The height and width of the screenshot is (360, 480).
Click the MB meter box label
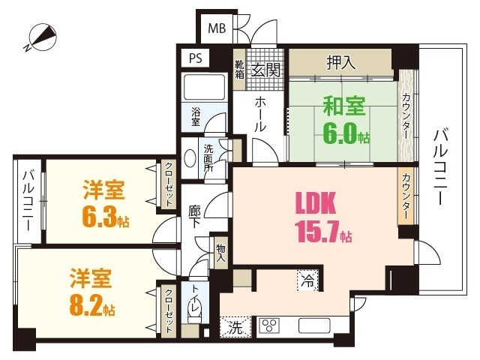(216, 29)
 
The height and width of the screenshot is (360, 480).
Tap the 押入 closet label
(341, 62)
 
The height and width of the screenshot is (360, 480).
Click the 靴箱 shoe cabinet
(239, 68)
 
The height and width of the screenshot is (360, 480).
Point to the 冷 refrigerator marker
(308, 282)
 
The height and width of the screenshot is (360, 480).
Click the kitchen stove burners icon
(268, 326)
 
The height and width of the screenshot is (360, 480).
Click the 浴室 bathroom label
(195, 116)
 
